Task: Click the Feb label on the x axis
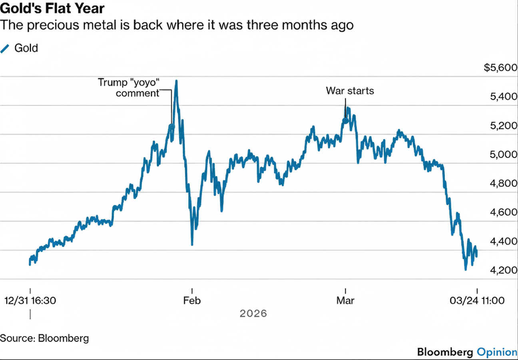click(192, 301)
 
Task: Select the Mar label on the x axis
click(345, 301)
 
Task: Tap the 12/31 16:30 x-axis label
click(30, 301)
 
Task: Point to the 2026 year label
click(253, 314)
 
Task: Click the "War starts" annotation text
click(350, 91)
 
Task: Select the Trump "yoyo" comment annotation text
click(129, 88)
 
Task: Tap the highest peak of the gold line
click(176, 81)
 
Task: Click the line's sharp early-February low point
click(192, 244)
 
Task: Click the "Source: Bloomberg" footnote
click(44, 338)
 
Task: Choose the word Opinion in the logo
click(497, 352)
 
